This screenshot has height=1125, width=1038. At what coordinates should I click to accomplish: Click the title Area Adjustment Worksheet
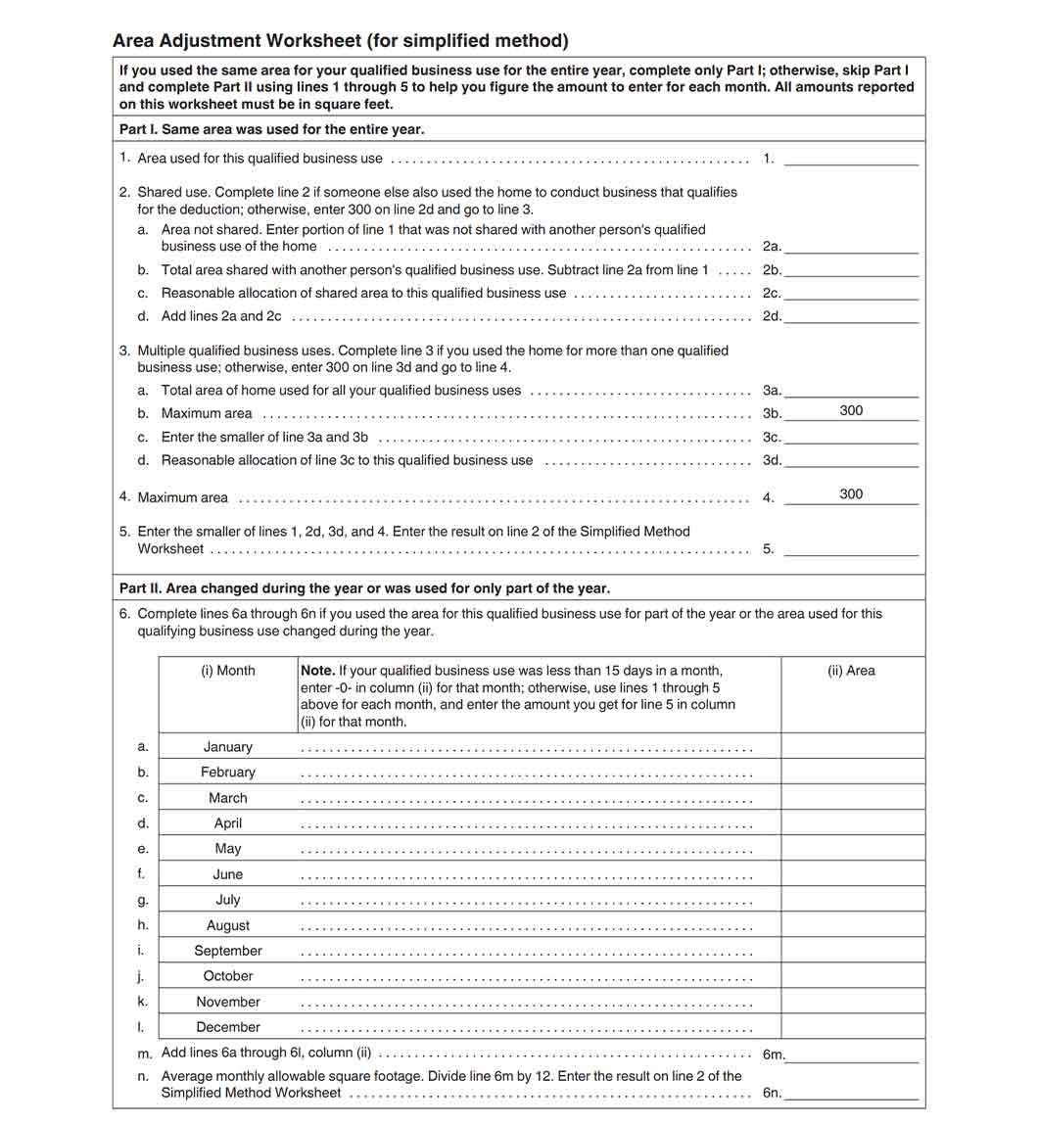pyautogui.click(x=340, y=41)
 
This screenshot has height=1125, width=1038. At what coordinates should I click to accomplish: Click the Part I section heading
pyautogui.click(x=271, y=129)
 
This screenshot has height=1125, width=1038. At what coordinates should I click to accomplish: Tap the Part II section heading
pyautogui.click(x=363, y=588)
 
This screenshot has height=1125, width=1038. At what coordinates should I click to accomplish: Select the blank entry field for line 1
pyautogui.click(x=851, y=158)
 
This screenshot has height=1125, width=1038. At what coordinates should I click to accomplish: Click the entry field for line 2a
pyautogui.click(x=851, y=246)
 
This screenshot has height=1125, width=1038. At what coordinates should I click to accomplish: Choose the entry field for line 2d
pyautogui.click(x=851, y=315)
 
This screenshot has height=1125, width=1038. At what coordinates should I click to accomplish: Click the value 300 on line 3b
pyautogui.click(x=851, y=411)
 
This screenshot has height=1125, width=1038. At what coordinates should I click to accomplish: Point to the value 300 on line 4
pyautogui.click(x=851, y=494)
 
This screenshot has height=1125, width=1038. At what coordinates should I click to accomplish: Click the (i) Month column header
pyautogui.click(x=227, y=671)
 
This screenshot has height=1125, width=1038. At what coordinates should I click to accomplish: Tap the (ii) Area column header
pyautogui.click(x=851, y=671)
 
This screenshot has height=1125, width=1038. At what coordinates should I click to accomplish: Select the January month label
pyautogui.click(x=227, y=747)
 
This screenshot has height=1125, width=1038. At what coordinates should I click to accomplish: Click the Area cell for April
pyautogui.click(x=852, y=823)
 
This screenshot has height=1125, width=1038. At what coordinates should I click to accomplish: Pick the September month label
pyautogui.click(x=227, y=951)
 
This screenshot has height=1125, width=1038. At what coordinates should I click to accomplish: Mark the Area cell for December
pyautogui.click(x=852, y=1027)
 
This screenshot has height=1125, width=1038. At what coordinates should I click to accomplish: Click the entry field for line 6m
pyautogui.click(x=851, y=1054)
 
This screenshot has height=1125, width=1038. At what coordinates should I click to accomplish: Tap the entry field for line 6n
pyautogui.click(x=851, y=1092)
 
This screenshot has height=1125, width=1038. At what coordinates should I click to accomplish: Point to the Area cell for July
pyautogui.click(x=852, y=900)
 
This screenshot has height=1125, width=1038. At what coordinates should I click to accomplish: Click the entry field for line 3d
pyautogui.click(x=851, y=459)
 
